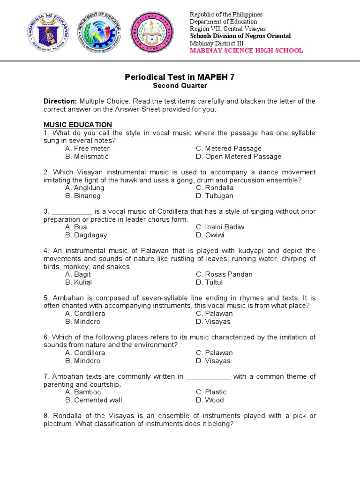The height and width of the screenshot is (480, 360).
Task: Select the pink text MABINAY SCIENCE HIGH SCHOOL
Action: tap(246, 51)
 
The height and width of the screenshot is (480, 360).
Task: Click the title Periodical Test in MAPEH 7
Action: tap(180, 77)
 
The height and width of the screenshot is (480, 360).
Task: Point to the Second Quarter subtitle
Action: tap(180, 86)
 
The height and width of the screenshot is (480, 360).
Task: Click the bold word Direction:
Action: tap(60, 101)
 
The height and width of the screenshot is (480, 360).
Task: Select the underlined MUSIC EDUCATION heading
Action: tap(78, 125)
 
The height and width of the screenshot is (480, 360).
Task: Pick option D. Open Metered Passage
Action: tap(239, 157)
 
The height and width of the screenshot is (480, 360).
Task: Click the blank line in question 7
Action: tap(208, 377)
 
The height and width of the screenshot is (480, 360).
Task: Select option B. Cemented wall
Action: tap(94, 400)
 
